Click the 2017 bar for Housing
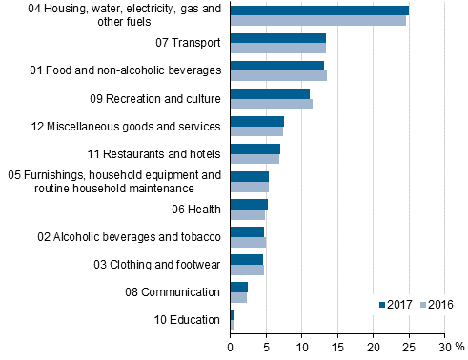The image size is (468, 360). pos(319,10)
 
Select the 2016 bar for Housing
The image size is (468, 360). pos(318,19)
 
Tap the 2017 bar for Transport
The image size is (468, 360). pos(278,38)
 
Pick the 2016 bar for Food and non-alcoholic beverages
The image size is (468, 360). pos(278,75)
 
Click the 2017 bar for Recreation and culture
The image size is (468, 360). pos(270,93)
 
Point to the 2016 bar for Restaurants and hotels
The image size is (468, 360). pos(254,158)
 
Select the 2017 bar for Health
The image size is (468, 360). pos(249,204)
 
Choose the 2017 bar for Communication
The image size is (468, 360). pos(239,287)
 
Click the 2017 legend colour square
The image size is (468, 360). pos(383,305)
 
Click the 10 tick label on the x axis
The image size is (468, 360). pos(302,347)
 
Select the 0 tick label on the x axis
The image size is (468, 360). pos(231,347)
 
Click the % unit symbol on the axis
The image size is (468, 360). pos(458,347)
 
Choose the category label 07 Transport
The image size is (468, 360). pos(188,43)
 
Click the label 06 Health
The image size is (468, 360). pos(196,209)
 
